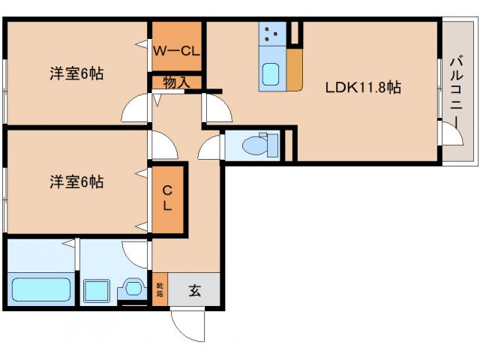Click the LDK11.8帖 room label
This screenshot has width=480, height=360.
pos(363,87)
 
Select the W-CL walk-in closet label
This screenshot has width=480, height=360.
pos(177,51)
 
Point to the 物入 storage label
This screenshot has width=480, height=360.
pos(177,82)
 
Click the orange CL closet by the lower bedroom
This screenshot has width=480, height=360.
pos(168,198)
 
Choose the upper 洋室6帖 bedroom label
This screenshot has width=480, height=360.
pos(76,73)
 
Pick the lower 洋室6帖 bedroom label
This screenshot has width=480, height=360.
pos(76,181)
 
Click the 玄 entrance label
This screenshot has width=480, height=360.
pos(194,291)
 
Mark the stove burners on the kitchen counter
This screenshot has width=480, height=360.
pos(271,34)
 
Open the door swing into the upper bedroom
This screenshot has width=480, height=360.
pos(136,109)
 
